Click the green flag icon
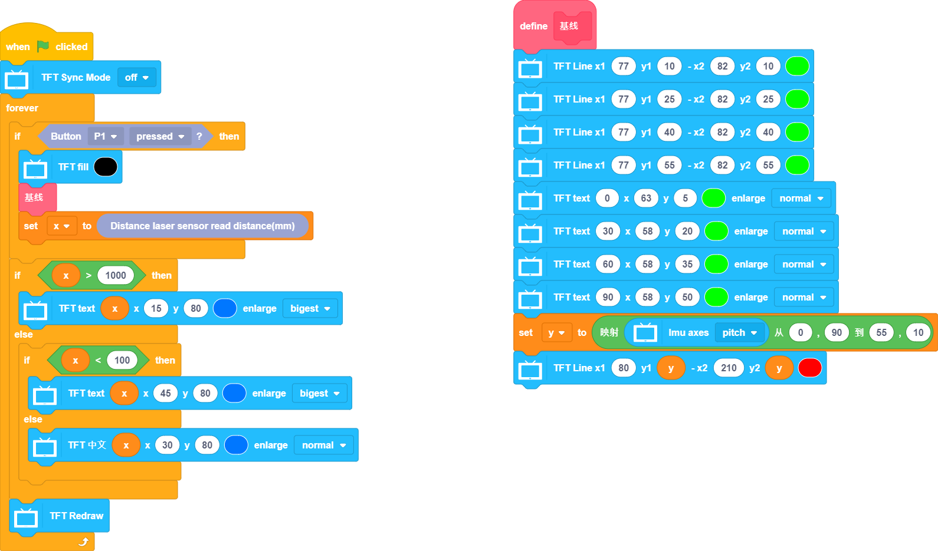coord(43,46)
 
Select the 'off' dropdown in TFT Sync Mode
coord(137,77)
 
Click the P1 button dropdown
coord(106,136)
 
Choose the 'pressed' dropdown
coord(160,136)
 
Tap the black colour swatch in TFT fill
coord(106,167)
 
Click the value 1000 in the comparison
coord(116,275)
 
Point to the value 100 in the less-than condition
coord(122,360)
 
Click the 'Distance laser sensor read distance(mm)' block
coord(202,226)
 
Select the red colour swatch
coord(809,368)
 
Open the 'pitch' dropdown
coord(739,332)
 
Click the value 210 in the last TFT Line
coord(729,368)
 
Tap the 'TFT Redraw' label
coord(76,516)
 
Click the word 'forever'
coord(22,108)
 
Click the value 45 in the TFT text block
coord(166,393)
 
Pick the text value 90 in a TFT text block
coord(608,297)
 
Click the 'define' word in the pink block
coord(533,26)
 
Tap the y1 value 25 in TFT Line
coord(669,99)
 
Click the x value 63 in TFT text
coord(646,198)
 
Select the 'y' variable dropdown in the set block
coord(556,332)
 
